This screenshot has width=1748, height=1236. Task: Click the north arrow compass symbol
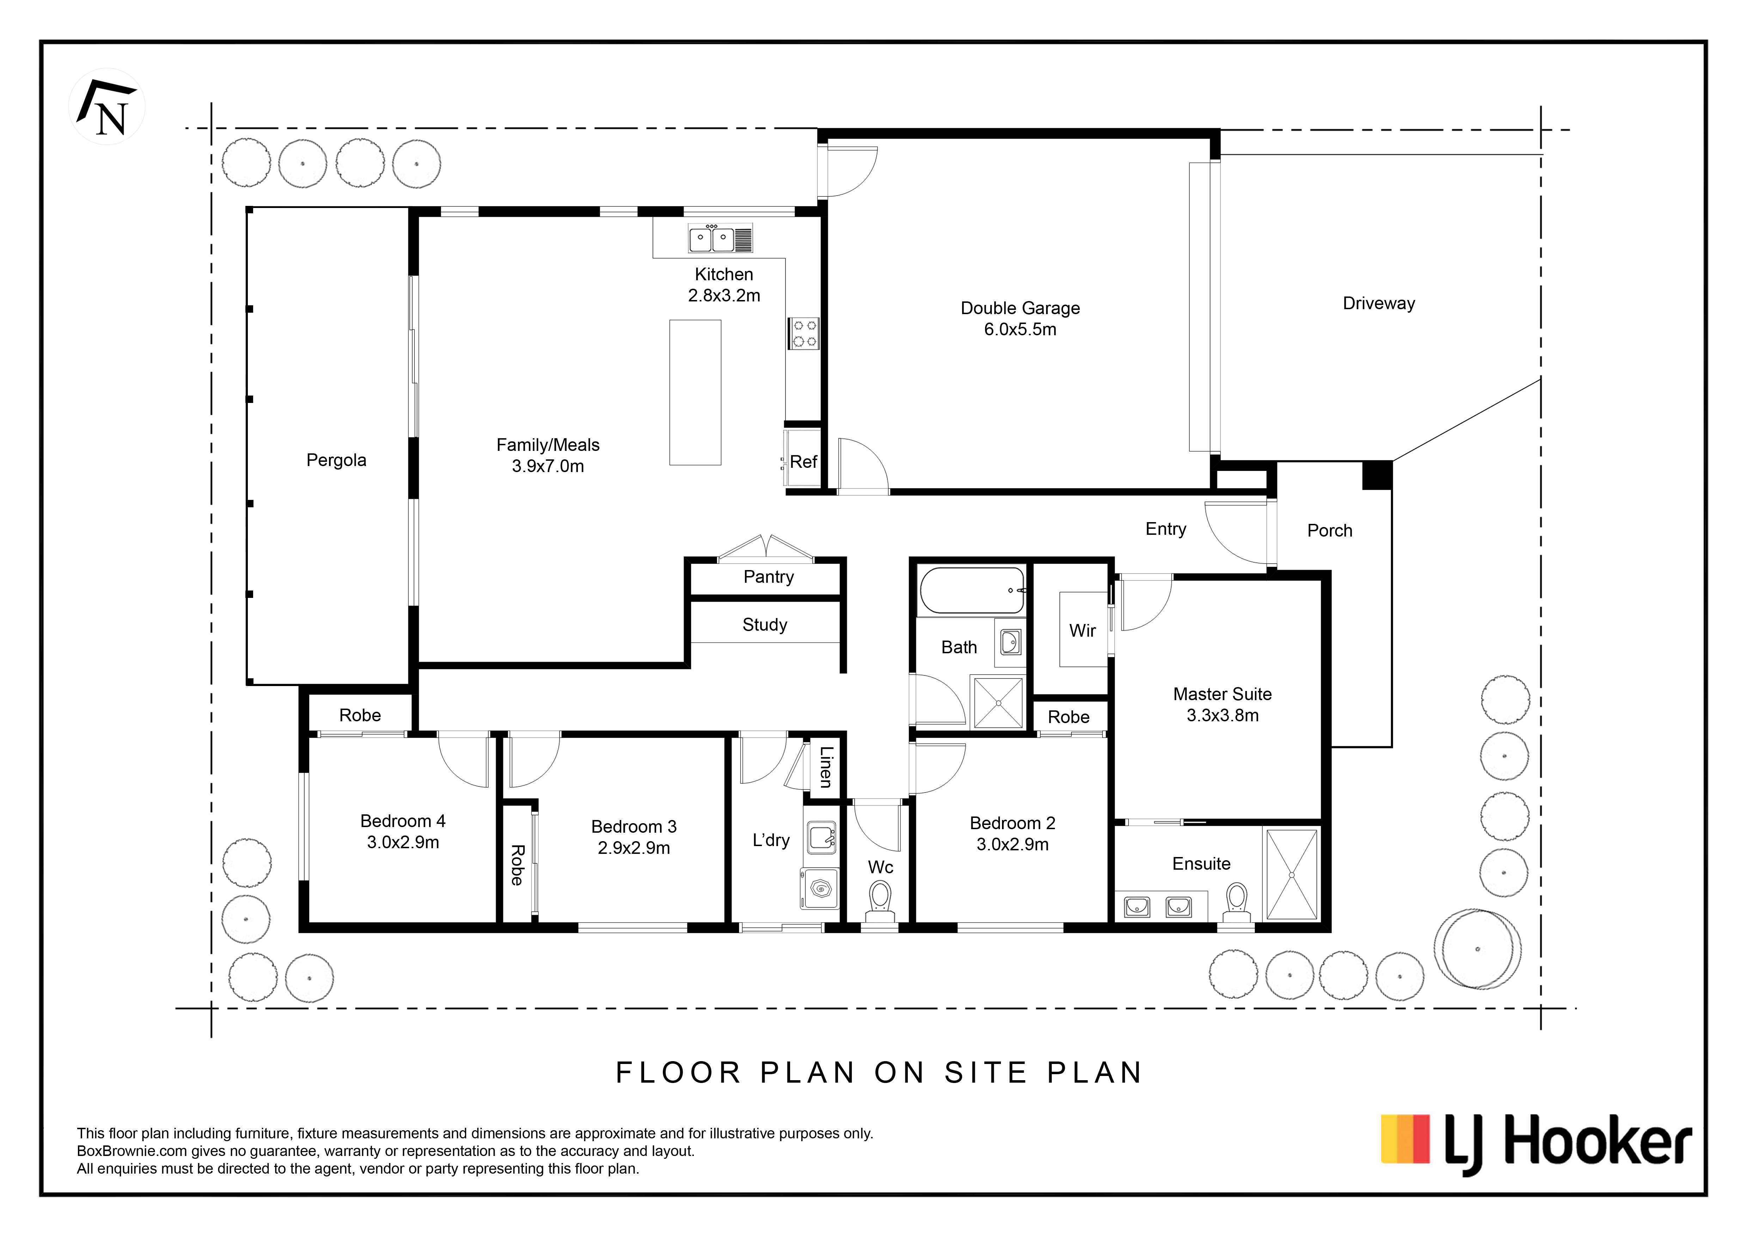(x=107, y=107)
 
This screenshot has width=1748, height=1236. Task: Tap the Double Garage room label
(x=1020, y=308)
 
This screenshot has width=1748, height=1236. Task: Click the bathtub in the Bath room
(x=972, y=591)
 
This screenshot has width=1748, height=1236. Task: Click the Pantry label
(x=768, y=577)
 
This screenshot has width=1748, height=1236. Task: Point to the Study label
(x=764, y=625)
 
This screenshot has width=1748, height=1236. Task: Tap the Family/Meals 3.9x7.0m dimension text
(x=548, y=466)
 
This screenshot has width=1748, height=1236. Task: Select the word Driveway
(x=1379, y=304)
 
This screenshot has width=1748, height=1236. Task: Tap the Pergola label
(x=336, y=460)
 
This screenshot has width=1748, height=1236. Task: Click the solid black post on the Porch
(x=1376, y=476)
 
